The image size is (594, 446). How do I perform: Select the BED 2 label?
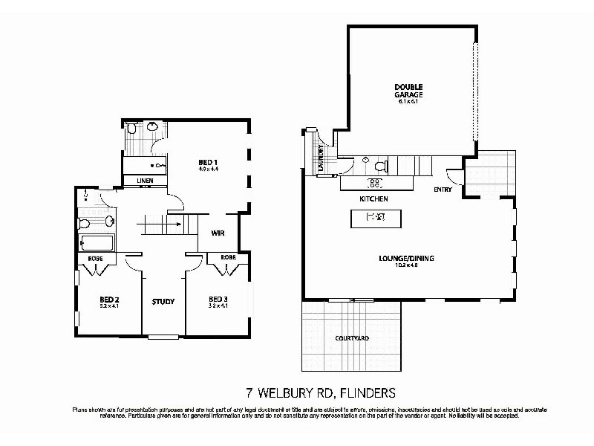[x=109, y=300]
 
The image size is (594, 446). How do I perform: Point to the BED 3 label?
[x=219, y=300]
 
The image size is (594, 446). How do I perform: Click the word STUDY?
[x=163, y=302]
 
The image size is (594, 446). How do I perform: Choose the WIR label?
[x=218, y=233]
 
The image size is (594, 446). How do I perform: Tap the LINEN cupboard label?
[x=145, y=181]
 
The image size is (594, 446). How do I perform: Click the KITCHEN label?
[x=374, y=199]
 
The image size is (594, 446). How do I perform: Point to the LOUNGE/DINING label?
[x=405, y=259]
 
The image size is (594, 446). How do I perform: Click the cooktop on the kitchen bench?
[x=375, y=182]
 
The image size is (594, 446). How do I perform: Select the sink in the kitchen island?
[x=376, y=218]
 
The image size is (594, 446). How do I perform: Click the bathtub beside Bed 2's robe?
[x=97, y=244]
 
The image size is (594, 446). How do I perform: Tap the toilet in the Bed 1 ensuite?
[x=153, y=128]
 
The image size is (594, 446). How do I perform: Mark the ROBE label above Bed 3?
[x=228, y=258]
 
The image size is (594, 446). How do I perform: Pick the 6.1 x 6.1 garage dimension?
[x=408, y=101]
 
